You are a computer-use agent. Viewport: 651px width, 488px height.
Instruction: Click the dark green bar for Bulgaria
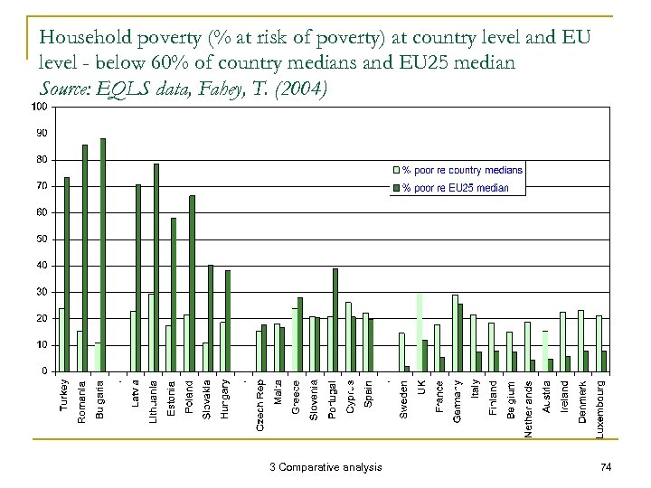(103, 255)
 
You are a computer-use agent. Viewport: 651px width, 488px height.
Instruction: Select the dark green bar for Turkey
(67, 274)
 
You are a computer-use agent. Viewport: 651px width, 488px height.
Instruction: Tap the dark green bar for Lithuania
(156, 267)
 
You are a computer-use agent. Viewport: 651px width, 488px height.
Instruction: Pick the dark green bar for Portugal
(335, 319)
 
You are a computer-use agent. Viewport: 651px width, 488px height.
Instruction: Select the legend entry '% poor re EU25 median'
(456, 188)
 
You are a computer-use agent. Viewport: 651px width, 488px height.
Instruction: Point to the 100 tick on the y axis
(40, 108)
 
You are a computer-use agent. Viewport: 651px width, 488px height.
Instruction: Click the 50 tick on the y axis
(42, 239)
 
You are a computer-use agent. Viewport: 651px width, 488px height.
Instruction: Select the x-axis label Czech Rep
(260, 403)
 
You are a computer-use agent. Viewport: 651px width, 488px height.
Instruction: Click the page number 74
(606, 466)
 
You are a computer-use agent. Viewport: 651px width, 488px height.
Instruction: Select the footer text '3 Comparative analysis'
(325, 466)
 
